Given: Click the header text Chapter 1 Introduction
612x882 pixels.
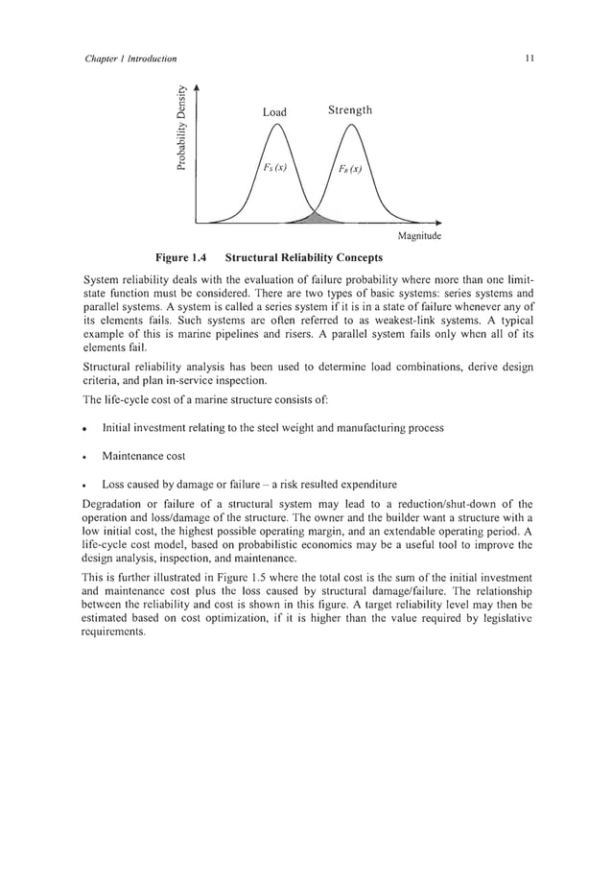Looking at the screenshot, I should click(125, 60).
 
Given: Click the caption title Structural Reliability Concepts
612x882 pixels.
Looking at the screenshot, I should click(303, 257).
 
